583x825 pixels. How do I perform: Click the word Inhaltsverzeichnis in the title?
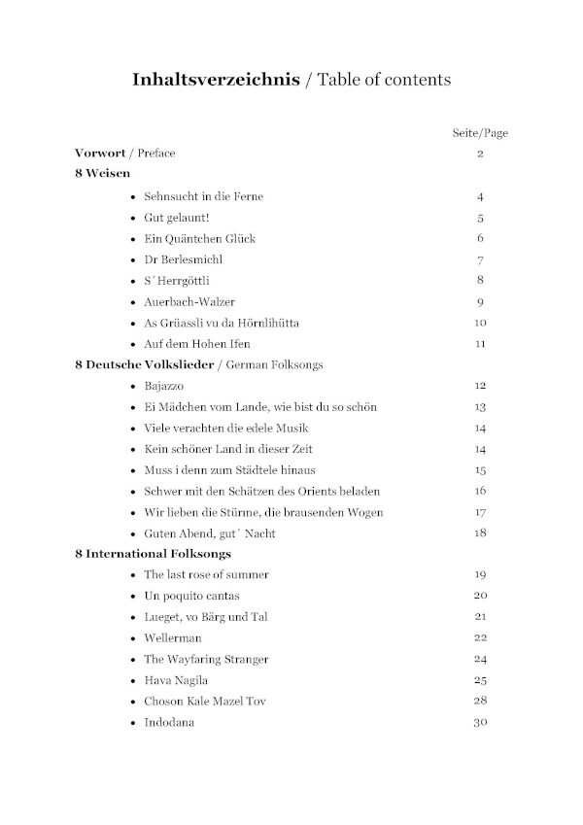(217, 80)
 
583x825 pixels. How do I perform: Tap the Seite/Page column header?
(480, 133)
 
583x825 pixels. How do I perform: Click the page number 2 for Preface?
(480, 155)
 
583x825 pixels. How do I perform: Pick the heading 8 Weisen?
(102, 175)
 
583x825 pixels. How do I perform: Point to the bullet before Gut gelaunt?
(133, 219)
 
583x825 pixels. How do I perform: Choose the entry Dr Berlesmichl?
(183, 259)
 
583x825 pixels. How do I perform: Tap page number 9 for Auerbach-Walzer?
(480, 302)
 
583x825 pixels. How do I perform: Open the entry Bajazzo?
(164, 386)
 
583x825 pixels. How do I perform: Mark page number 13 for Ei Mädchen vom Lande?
(480, 407)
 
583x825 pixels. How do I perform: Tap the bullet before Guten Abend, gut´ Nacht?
(133, 533)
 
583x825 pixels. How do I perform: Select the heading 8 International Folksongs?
(153, 554)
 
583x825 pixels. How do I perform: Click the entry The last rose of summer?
(206, 575)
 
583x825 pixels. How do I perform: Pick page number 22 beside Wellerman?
(480, 638)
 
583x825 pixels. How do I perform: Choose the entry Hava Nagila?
(176, 680)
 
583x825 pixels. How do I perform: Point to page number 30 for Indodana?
(480, 722)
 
